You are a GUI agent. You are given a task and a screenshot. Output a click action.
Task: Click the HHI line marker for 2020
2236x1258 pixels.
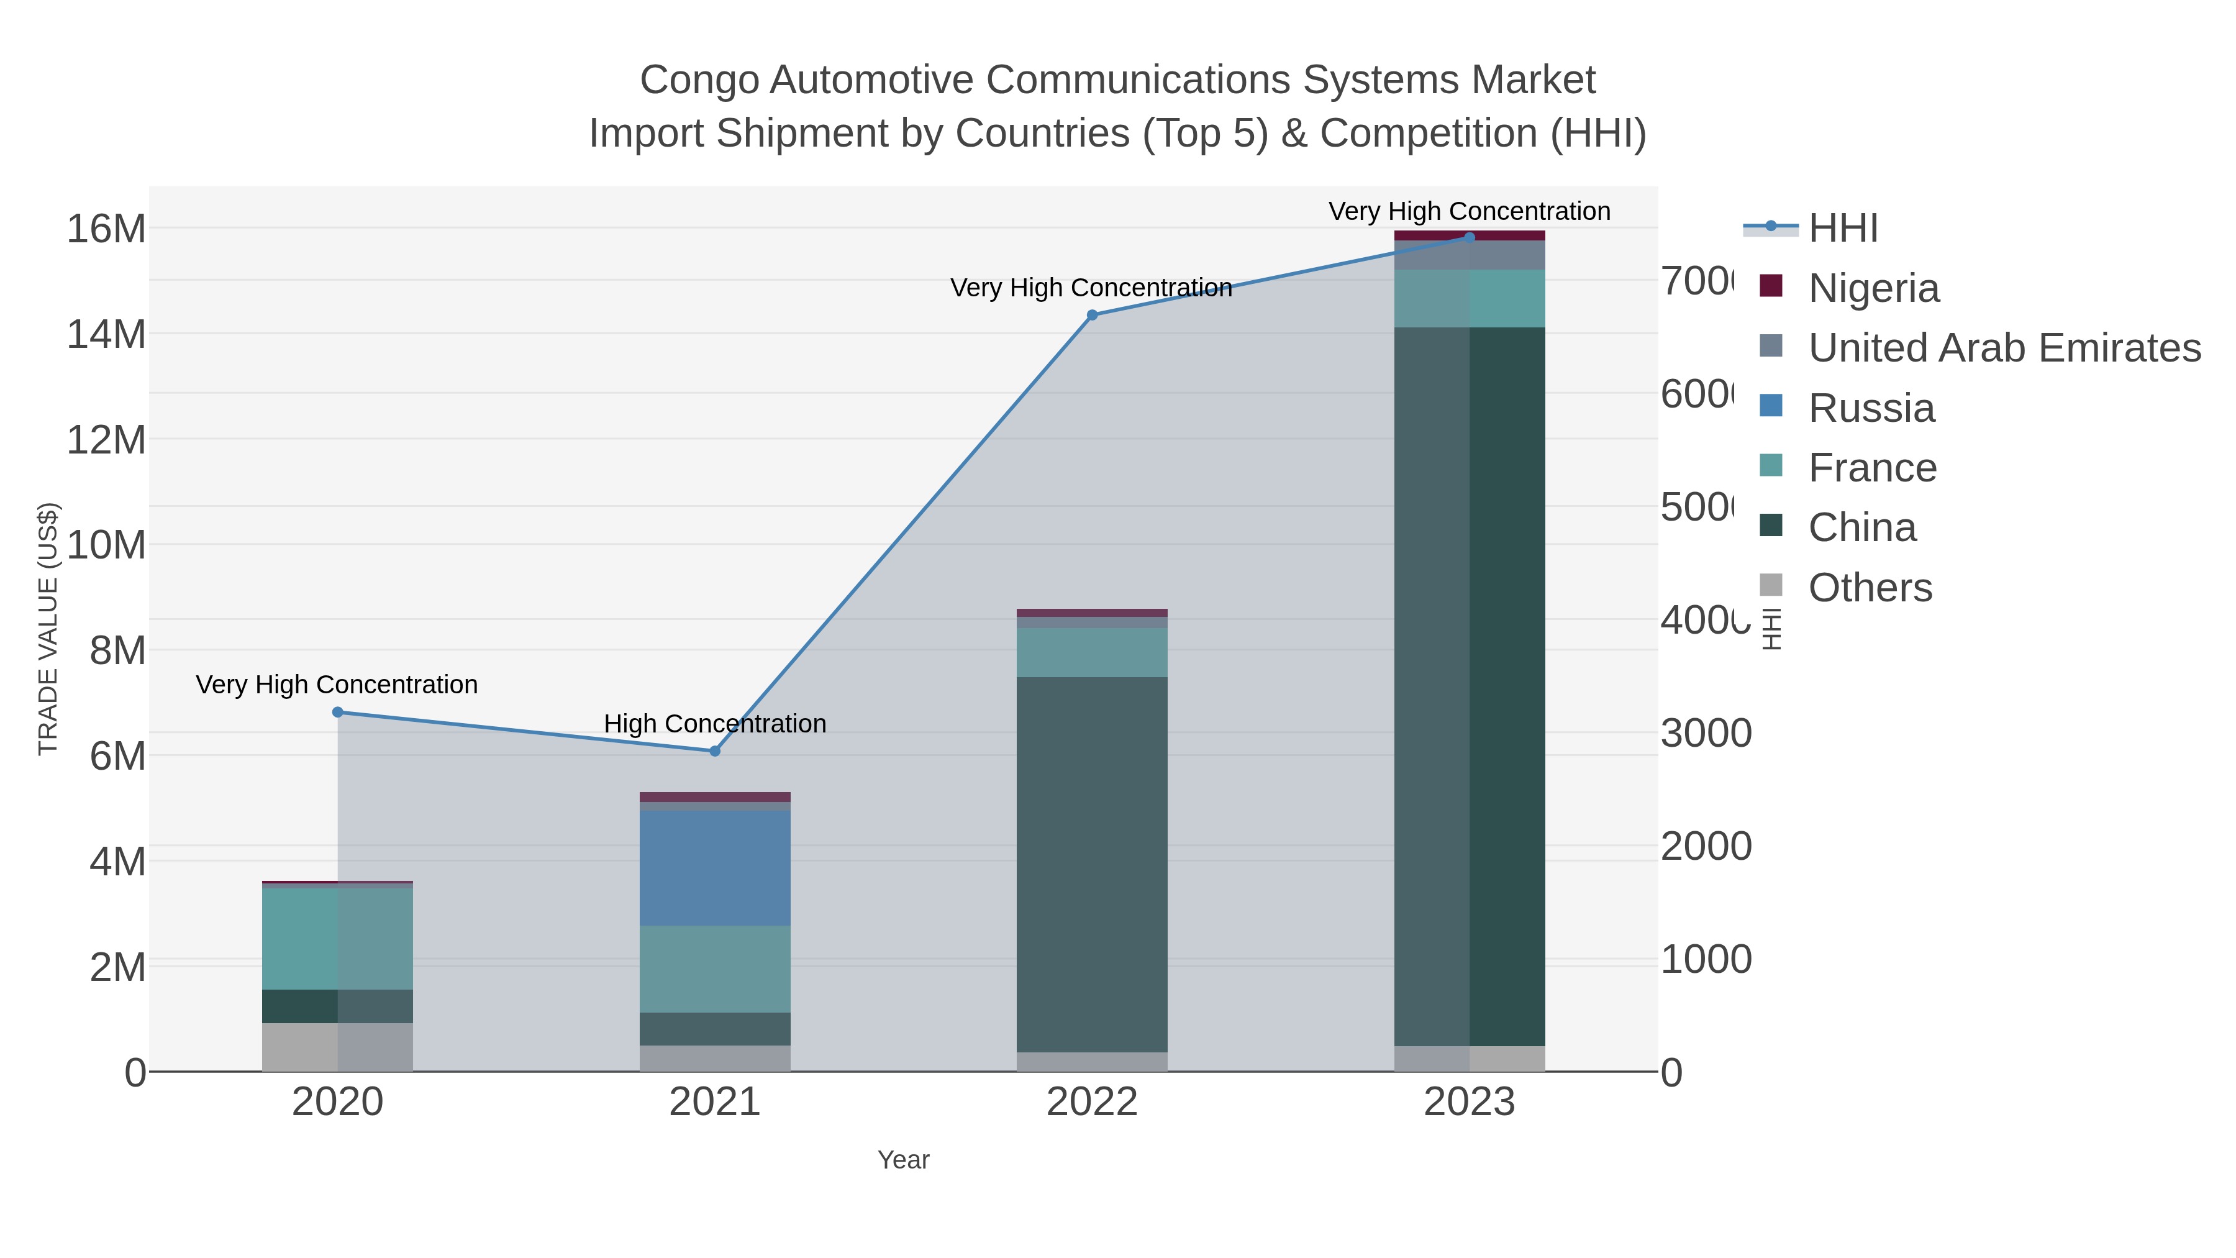(338, 712)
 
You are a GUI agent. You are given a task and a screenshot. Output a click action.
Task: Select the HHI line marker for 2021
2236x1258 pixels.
(716, 751)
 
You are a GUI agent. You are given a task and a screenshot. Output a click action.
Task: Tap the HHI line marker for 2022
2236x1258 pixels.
(1092, 315)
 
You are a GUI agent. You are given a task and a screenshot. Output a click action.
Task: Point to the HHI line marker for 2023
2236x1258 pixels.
(1470, 237)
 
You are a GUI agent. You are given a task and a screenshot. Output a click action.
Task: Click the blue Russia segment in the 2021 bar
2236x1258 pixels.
(716, 868)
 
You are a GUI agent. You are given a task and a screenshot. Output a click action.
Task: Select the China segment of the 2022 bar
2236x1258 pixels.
(1092, 864)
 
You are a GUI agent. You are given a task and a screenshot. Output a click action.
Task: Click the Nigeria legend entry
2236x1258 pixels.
(1873, 288)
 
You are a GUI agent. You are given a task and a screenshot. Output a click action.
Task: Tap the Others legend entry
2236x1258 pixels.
(1870, 588)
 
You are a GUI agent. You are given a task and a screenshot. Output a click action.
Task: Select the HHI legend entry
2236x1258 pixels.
(1843, 229)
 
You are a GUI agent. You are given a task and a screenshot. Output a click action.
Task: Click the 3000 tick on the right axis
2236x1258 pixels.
(1706, 734)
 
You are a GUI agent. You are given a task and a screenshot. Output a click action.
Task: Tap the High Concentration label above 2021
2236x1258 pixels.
(716, 723)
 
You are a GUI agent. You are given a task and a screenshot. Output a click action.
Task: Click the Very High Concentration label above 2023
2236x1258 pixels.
(1470, 211)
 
